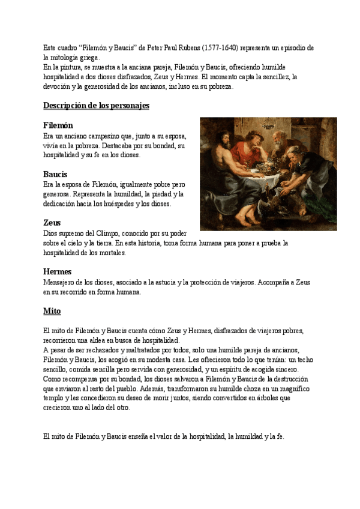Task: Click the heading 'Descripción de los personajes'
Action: point(96,106)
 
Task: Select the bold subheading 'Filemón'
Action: point(58,125)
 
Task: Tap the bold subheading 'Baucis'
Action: point(55,174)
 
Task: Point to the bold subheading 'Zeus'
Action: point(52,223)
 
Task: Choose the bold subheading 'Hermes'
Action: point(58,271)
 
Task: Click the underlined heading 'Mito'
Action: point(52,311)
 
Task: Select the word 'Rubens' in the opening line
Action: point(187,47)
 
